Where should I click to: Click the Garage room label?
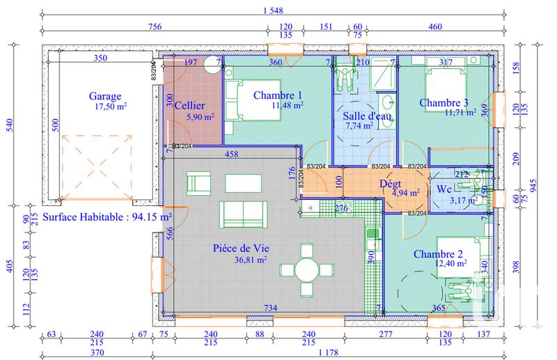tap(105, 97)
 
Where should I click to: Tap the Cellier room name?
tap(189, 105)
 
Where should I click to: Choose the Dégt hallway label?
tap(389, 184)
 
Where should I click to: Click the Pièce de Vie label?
tap(242, 248)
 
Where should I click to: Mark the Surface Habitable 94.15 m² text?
tap(107, 217)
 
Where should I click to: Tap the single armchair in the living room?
tap(198, 183)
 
